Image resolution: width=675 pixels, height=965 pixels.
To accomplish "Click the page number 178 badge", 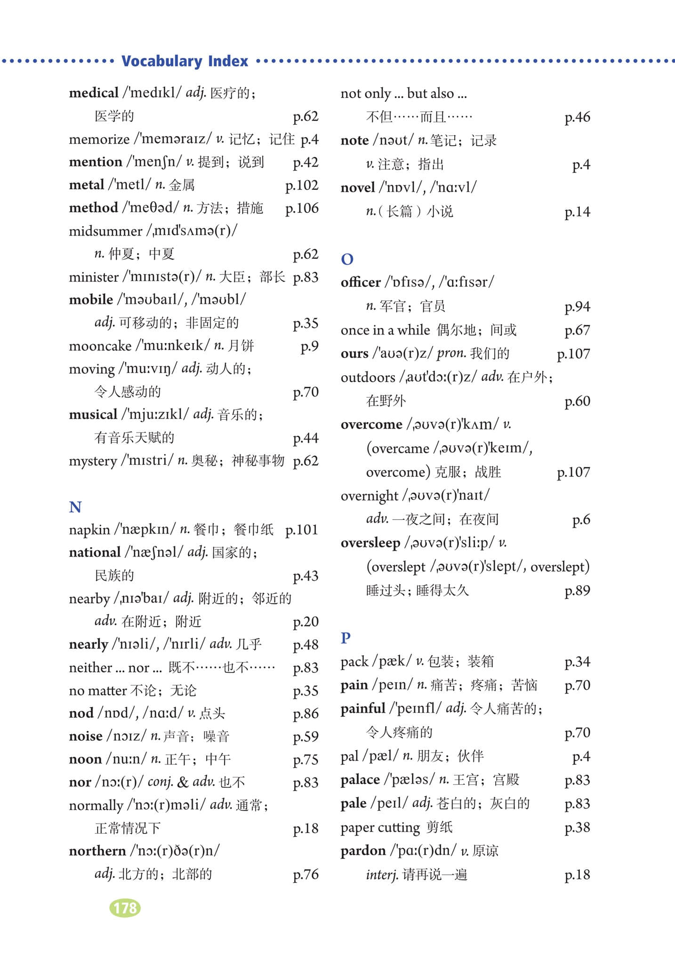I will tap(125, 908).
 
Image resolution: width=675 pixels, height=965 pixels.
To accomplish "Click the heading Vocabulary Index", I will tap(185, 61).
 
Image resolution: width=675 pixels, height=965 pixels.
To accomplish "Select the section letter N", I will tap(75, 507).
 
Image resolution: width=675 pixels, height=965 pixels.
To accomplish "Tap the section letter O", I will tap(347, 259).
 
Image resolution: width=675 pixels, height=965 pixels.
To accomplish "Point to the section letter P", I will tap(346, 638).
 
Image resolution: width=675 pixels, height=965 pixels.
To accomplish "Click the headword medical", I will tap(94, 93).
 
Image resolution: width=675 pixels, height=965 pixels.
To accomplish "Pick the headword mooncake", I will tap(100, 346).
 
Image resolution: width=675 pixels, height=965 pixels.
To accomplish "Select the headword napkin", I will tap(89, 530).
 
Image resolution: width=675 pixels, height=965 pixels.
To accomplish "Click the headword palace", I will tap(360, 779).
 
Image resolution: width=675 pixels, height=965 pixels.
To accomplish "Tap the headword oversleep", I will tap(370, 543).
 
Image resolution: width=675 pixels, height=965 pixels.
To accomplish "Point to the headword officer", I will tap(361, 282).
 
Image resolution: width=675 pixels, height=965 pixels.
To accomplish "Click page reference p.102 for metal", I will tap(302, 185).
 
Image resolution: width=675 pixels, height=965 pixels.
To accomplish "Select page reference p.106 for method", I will tap(302, 208).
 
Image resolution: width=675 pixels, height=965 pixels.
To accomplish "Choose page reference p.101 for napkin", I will tap(302, 530).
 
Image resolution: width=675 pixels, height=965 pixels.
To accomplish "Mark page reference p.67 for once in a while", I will tap(577, 330).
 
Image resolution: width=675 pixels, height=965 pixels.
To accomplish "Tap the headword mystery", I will tap(93, 461).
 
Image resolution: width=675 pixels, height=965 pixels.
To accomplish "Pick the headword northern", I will tap(97, 851).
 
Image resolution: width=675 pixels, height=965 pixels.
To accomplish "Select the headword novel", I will tap(358, 188).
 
